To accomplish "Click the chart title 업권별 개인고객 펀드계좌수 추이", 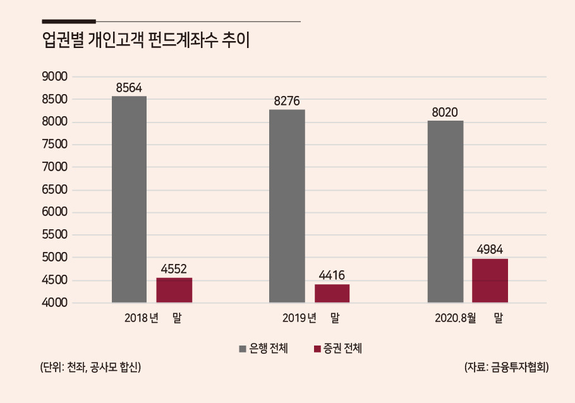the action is [x=146, y=40].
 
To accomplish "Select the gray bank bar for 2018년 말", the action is [x=129, y=199].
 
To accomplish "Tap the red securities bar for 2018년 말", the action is [x=174, y=290].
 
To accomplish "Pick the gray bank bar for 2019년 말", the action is [x=287, y=206].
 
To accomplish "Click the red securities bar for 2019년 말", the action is [x=332, y=293].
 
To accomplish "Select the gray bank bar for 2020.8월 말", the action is [x=445, y=212].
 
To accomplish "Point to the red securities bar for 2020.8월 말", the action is [x=490, y=280].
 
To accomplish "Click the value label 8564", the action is [x=129, y=88].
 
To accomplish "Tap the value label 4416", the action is [x=332, y=275].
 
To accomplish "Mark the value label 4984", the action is [x=490, y=250].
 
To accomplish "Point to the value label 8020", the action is [x=445, y=112].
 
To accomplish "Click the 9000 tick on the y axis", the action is [x=54, y=76].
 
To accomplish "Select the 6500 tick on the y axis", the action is [x=54, y=189].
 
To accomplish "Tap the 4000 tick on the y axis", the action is [x=54, y=303].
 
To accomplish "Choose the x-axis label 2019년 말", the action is [x=311, y=318].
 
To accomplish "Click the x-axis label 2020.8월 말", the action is [x=469, y=318].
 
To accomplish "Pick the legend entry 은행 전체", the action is [x=263, y=348].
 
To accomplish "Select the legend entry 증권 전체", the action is [x=338, y=348].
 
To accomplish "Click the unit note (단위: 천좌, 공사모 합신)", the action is [x=90, y=367].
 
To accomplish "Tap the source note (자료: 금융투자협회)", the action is [x=506, y=367].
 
